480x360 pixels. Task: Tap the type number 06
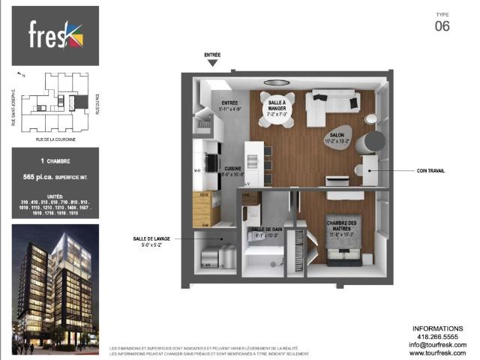pos(442,26)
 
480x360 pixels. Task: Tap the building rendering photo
pos(55,288)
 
